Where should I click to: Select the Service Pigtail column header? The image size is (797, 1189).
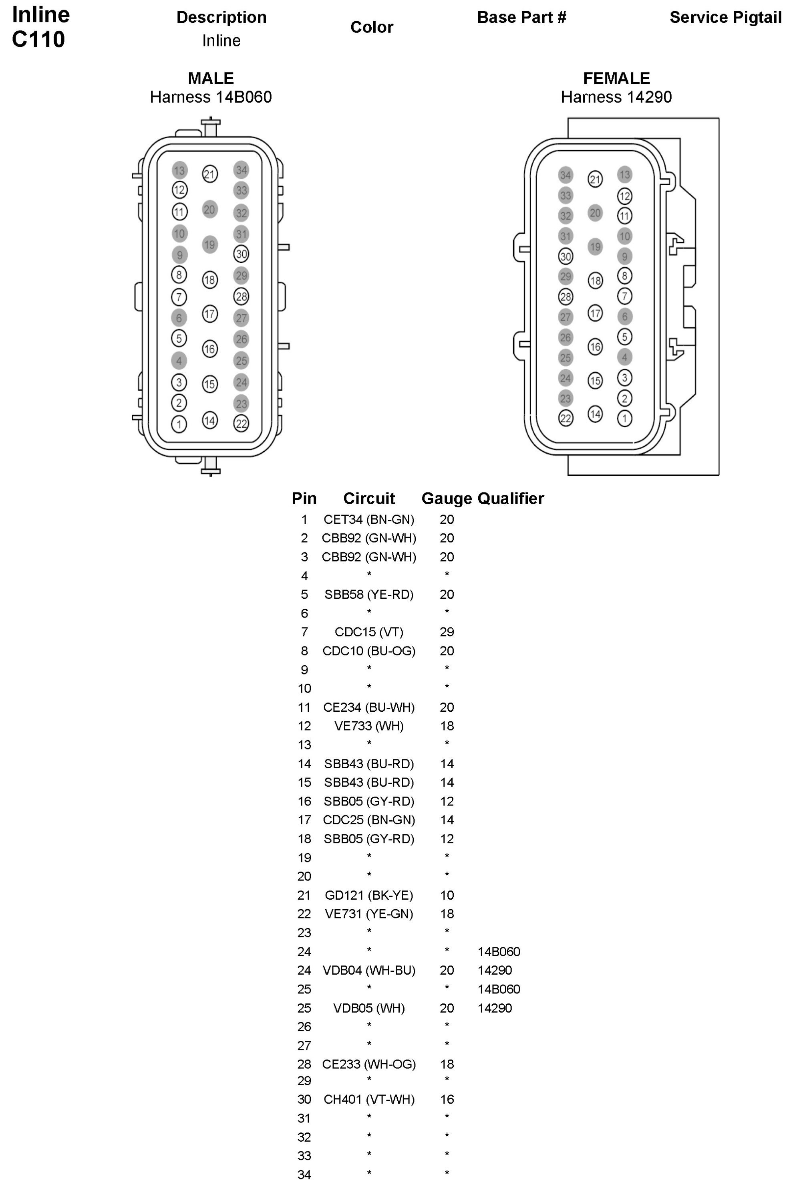(x=725, y=17)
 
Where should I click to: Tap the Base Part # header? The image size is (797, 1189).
(x=521, y=17)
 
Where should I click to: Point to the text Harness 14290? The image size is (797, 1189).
(x=616, y=97)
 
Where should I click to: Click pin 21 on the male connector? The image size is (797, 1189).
(x=210, y=174)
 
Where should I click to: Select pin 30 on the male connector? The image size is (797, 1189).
(x=241, y=254)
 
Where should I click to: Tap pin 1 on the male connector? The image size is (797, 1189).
(x=179, y=424)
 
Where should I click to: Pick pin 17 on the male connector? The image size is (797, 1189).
(x=210, y=314)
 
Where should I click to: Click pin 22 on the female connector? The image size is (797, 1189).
(x=565, y=418)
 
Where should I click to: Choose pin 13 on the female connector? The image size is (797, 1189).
(x=625, y=174)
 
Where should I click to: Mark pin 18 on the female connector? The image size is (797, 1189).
(x=595, y=280)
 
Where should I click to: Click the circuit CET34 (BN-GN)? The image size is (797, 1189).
(x=369, y=519)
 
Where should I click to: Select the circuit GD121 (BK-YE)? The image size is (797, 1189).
(x=369, y=895)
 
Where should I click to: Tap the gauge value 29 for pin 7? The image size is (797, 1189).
(x=447, y=632)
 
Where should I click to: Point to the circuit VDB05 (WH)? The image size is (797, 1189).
(x=369, y=1008)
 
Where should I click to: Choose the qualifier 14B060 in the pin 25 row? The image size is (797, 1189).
(x=499, y=989)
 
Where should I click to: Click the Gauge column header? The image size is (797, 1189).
(x=447, y=499)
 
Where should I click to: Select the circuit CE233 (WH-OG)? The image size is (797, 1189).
(x=369, y=1064)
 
